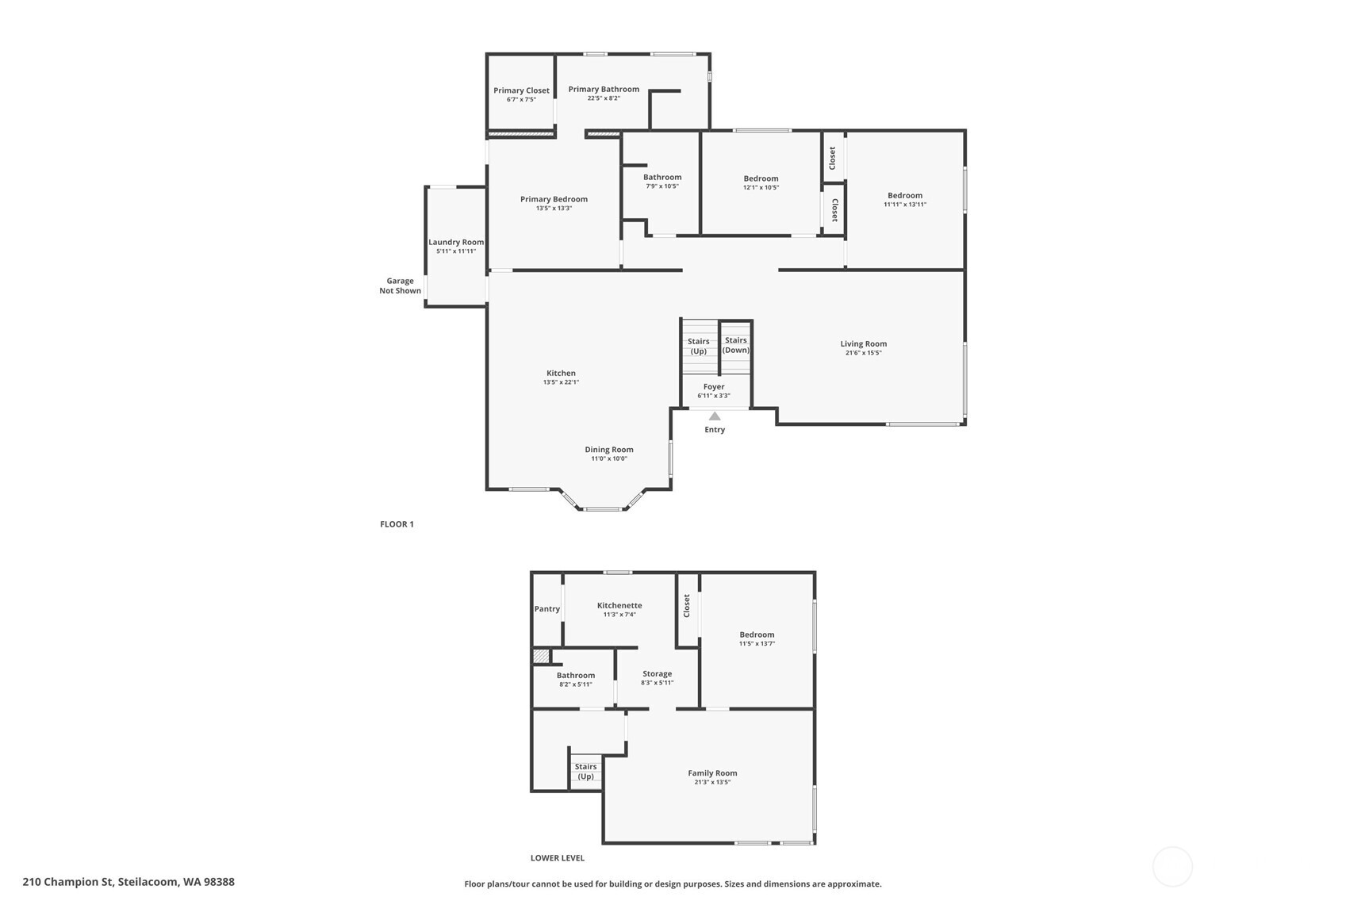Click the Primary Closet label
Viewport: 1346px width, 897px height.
521,90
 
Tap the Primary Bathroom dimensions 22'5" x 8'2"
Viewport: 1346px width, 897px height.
604,98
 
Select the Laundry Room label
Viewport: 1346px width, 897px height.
456,242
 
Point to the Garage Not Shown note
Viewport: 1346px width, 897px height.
401,286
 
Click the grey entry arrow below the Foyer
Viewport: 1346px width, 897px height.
715,416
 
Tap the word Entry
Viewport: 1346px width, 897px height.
715,430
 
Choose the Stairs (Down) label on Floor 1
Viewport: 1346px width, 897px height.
736,345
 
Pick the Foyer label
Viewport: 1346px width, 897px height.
714,386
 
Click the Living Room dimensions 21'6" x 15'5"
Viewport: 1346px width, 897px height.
864,353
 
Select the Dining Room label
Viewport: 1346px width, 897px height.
609,450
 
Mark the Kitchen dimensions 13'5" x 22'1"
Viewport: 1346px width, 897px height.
562,382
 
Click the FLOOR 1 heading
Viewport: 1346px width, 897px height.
397,524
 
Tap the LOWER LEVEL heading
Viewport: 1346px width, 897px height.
558,858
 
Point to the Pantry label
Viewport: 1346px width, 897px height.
547,608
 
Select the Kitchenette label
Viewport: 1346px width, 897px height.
619,605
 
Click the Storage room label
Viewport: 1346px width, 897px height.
658,673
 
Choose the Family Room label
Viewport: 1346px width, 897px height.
713,773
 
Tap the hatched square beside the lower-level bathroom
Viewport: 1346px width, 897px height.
542,656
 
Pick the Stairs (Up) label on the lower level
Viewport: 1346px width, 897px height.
586,772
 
